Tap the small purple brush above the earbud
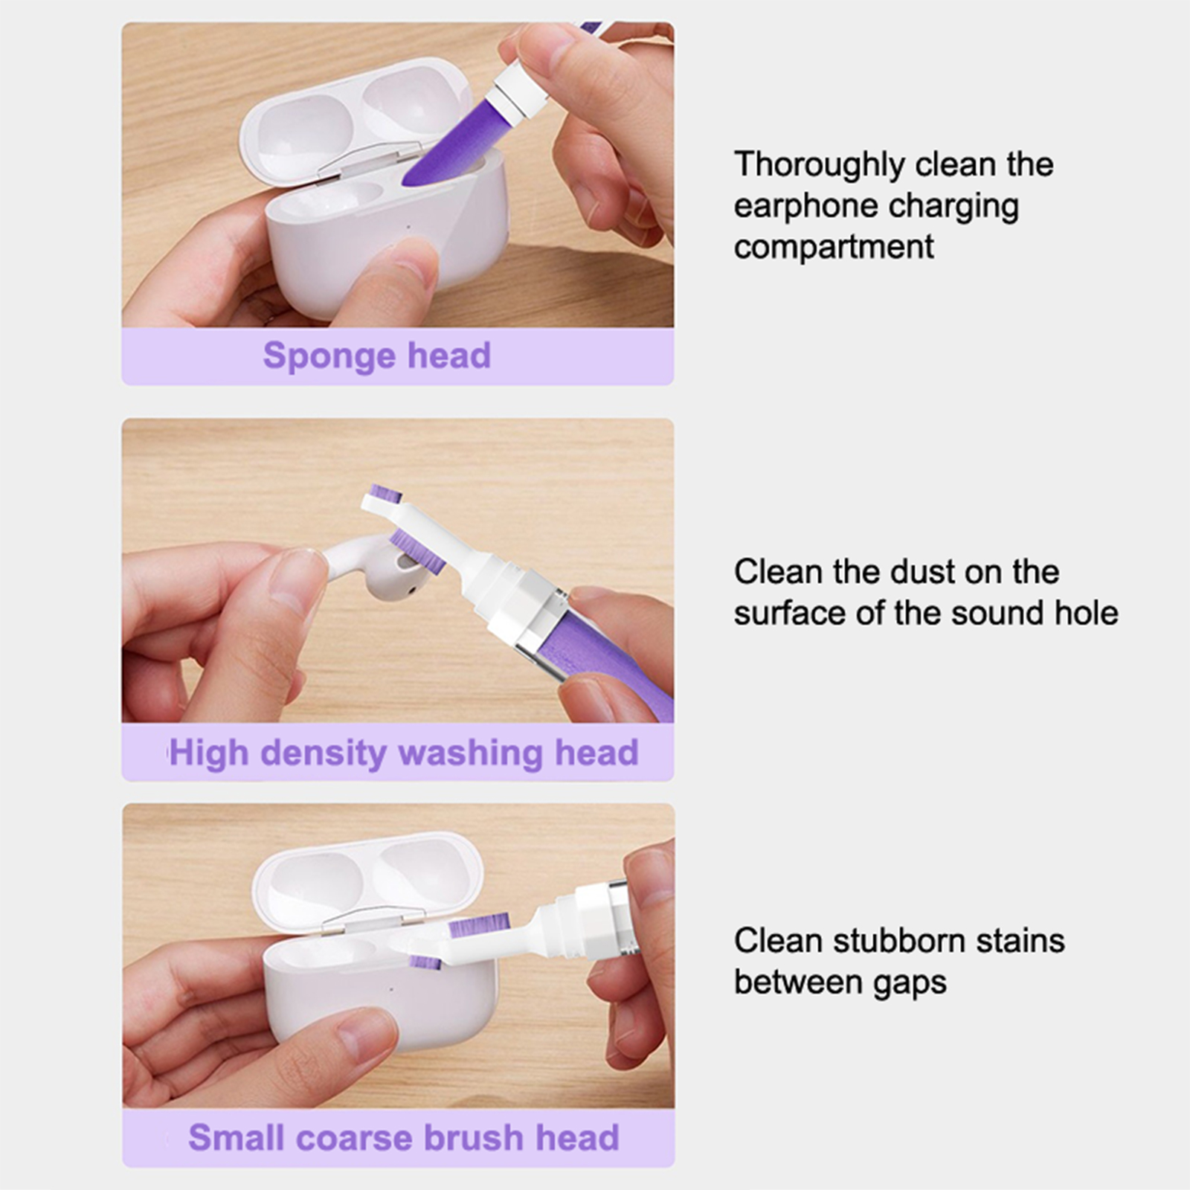pos(386,495)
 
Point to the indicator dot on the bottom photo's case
pos(391,989)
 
